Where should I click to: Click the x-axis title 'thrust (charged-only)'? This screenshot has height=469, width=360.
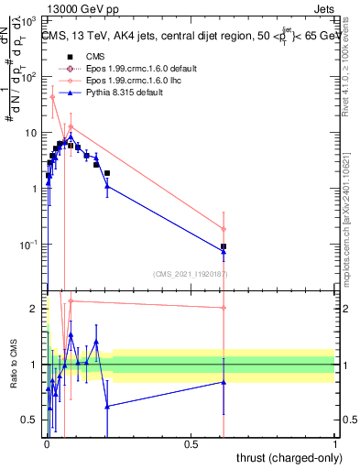(x=285, y=456)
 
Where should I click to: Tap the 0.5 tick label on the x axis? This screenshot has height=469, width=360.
(x=191, y=443)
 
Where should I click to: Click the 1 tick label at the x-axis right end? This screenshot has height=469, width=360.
(x=334, y=443)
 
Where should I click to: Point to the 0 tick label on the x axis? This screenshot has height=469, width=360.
(x=47, y=443)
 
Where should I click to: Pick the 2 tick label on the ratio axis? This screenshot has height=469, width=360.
(x=33, y=309)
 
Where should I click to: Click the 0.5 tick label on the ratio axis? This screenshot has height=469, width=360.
(x=29, y=420)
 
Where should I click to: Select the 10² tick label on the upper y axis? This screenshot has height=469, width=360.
(x=30, y=77)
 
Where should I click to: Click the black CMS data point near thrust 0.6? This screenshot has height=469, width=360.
(x=224, y=246)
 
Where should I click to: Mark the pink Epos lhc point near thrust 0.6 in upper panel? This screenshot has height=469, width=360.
(x=224, y=229)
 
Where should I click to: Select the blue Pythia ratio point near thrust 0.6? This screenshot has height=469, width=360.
(x=224, y=382)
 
